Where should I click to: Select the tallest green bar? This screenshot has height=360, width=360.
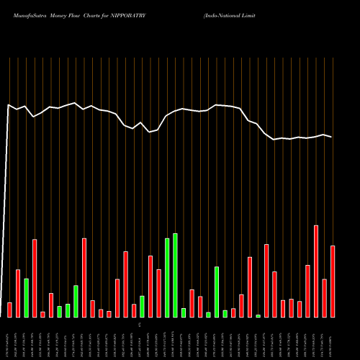pos(175,275)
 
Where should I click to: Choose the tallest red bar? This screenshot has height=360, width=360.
pos(316,271)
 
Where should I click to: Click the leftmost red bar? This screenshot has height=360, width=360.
pos(9,310)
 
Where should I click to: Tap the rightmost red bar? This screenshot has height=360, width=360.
pos(333,282)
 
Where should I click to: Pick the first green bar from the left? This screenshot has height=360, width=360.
pos(26,297)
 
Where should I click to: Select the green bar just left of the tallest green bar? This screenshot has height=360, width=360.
pos(167,277)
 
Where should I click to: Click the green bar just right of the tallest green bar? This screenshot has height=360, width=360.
pos(184,312)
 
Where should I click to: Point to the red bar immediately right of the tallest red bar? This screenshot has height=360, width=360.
pos(324,298)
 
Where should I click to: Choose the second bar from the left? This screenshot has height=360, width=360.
pos(18,293)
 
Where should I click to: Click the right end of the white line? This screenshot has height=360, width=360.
pos(331,137)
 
